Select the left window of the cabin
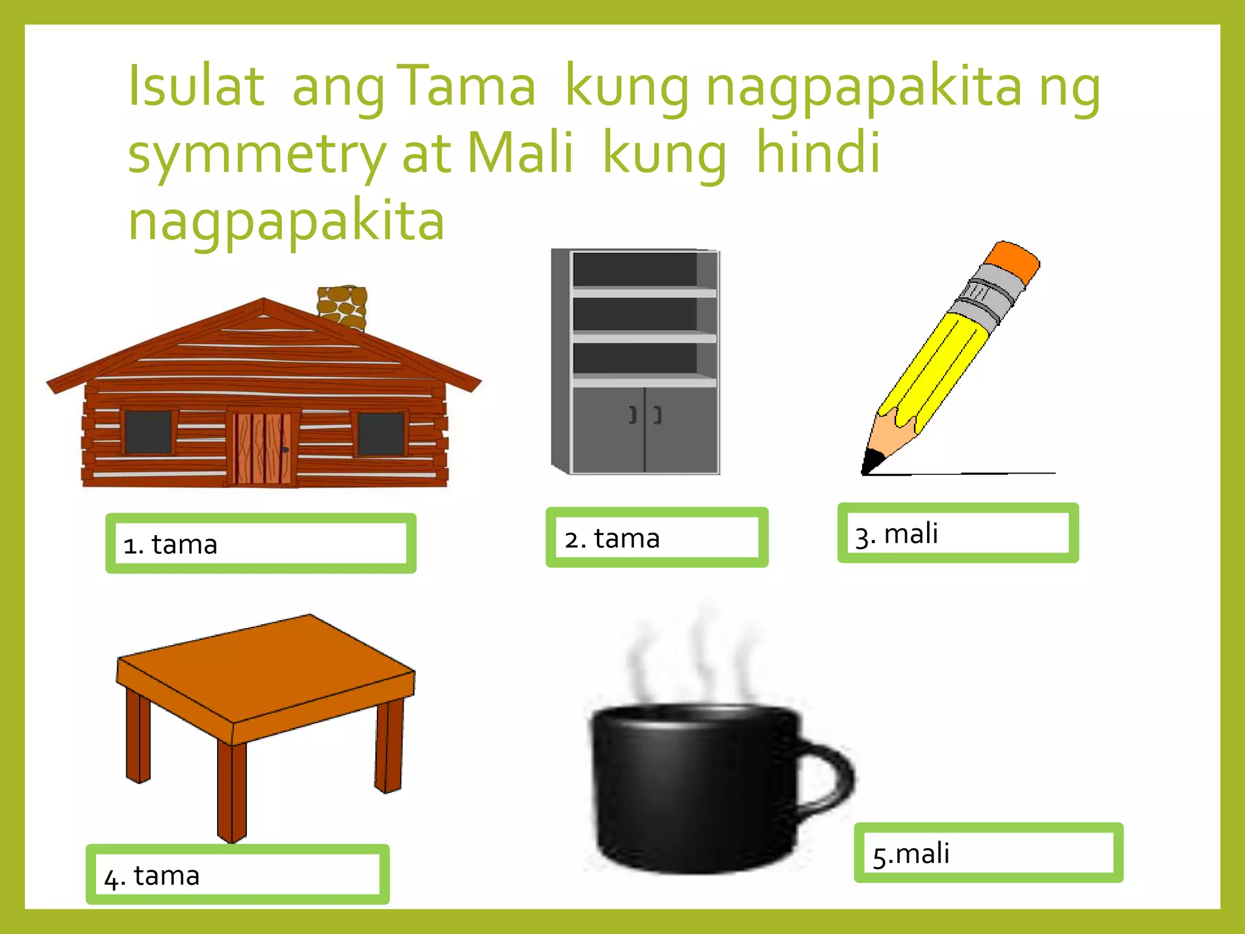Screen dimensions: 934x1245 coord(148,432)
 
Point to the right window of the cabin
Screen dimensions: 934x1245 coord(381,434)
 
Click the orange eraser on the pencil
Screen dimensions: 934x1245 coord(1012,261)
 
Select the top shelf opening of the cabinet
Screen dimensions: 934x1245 coord(634,269)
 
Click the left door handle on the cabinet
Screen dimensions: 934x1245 coord(633,415)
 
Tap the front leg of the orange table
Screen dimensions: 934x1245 coord(232,790)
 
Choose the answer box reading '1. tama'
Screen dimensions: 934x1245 coord(261,544)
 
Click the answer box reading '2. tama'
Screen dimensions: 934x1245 coord(657,538)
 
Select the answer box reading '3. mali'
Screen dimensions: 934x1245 coord(957,533)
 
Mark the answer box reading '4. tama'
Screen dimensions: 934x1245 coord(238,874)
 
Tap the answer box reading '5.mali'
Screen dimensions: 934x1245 coord(988,853)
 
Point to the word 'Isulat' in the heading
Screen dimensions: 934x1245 coord(196,86)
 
